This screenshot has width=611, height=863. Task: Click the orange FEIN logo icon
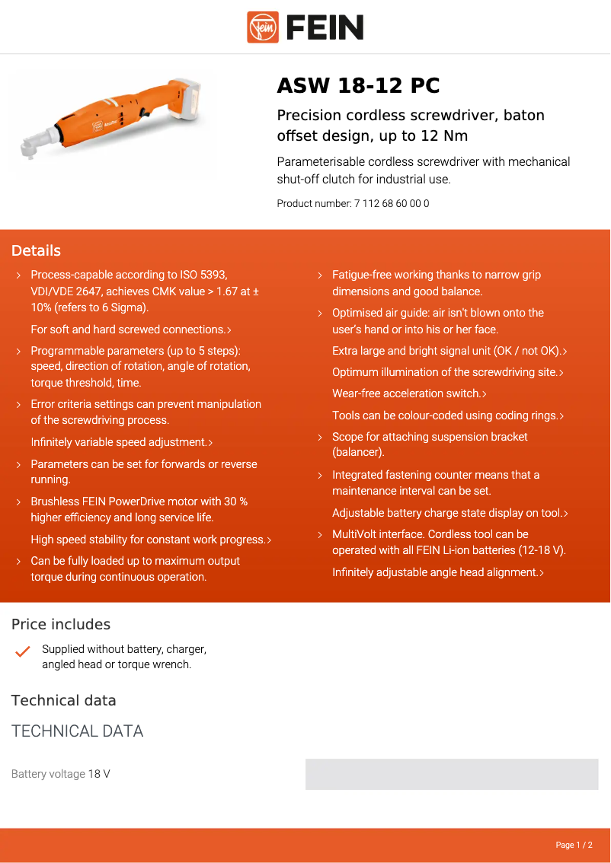[263, 27]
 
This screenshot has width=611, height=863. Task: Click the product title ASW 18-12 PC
[358, 86]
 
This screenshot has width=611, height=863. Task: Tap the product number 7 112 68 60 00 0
[391, 204]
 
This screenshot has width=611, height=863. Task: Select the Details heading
[36, 251]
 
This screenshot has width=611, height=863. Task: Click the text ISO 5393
[203, 275]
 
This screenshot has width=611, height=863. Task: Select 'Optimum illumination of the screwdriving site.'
[447, 373]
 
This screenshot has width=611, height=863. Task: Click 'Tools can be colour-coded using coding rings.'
[447, 416]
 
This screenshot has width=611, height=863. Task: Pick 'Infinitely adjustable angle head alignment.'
[437, 572]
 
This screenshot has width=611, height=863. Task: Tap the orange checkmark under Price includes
[23, 652]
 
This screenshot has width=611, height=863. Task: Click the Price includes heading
[61, 625]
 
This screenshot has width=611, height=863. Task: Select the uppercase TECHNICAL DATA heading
[77, 731]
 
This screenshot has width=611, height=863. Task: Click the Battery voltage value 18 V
[99, 775]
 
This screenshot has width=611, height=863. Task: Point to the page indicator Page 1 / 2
[574, 845]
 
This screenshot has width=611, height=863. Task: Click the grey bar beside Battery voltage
[452, 775]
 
